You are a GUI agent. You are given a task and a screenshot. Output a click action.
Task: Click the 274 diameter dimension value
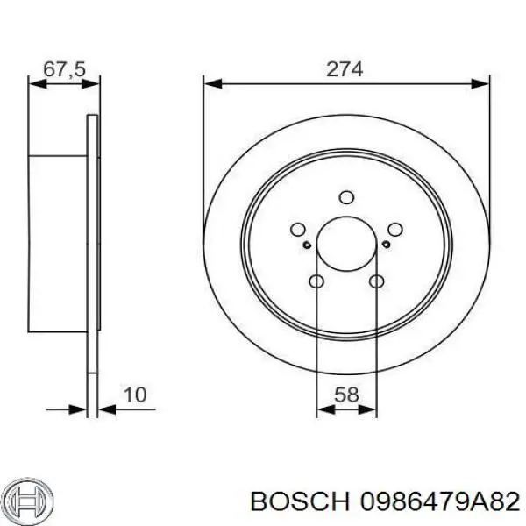coord(345,68)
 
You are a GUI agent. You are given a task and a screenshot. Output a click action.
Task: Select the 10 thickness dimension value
coord(134,396)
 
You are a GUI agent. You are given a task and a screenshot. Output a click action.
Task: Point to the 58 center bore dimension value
coord(346,395)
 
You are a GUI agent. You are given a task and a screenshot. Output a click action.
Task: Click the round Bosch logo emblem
coord(25,500)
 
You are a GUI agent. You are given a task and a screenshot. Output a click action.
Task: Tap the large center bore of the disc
coord(346,243)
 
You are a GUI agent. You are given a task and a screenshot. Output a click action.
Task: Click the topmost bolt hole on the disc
coord(346,196)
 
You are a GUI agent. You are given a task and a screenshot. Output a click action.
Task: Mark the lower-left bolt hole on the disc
coord(316,281)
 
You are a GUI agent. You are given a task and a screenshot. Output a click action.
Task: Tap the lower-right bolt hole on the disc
coord(377,281)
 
